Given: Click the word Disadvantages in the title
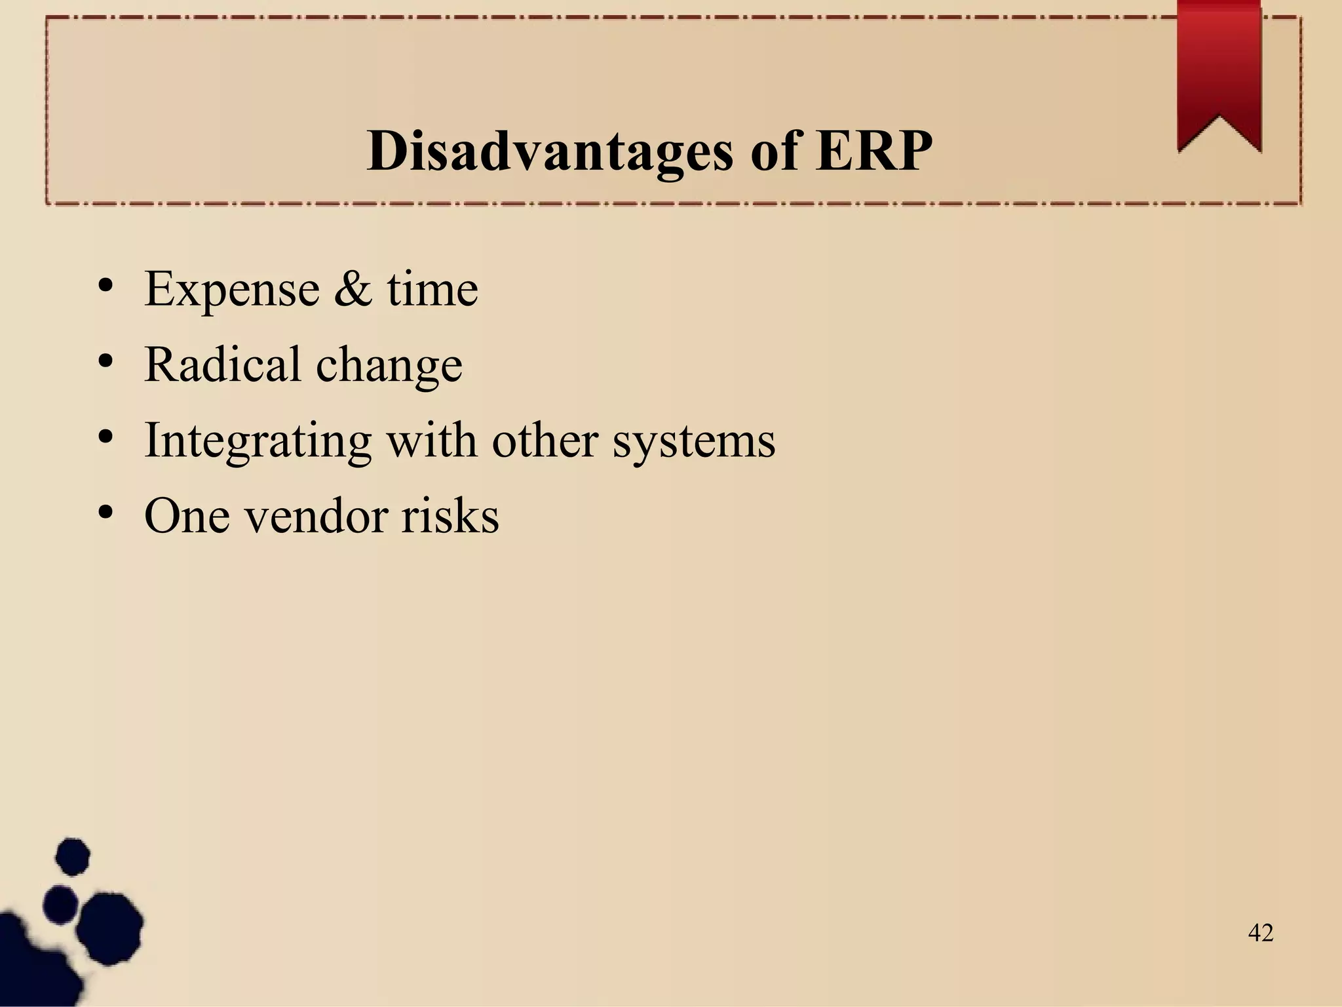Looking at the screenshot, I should pyautogui.click(x=550, y=151).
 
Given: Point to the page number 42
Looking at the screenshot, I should pyautogui.click(x=1261, y=932).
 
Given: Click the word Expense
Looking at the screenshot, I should pyautogui.click(x=231, y=289).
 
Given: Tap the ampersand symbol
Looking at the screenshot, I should pyautogui.click(x=352, y=289).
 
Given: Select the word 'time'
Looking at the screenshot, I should pyautogui.click(x=432, y=289).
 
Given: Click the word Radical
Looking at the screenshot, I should pyautogui.click(x=222, y=365).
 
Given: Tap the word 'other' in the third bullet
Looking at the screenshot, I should pyautogui.click(x=545, y=440).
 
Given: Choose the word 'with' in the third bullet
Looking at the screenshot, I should pyautogui.click(x=431, y=440).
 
